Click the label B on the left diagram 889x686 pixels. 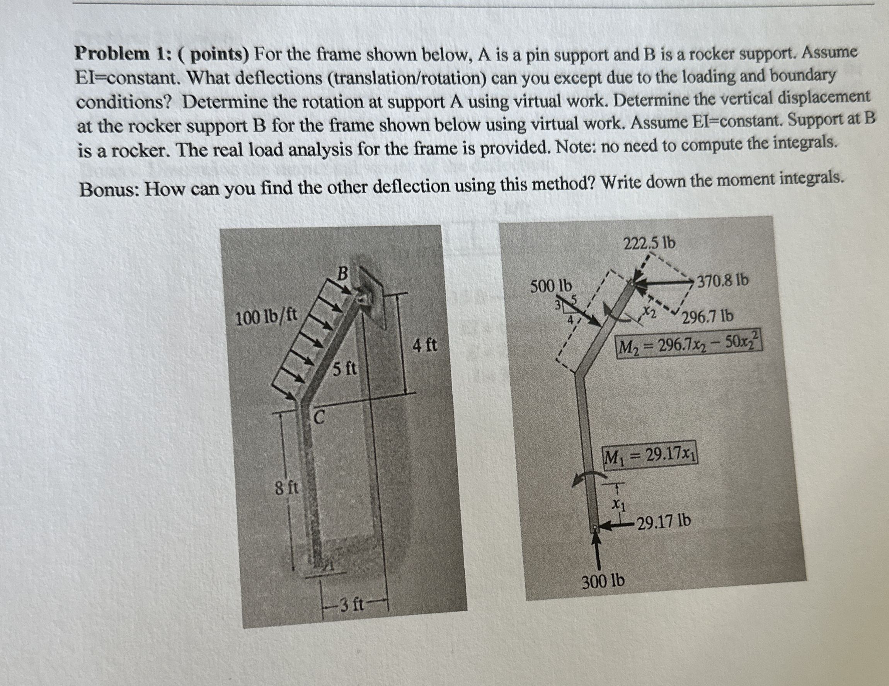[343, 273]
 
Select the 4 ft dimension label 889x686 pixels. [425, 346]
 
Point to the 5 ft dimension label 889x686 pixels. [344, 369]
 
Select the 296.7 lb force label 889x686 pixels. [708, 316]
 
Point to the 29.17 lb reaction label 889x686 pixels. [664, 521]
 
